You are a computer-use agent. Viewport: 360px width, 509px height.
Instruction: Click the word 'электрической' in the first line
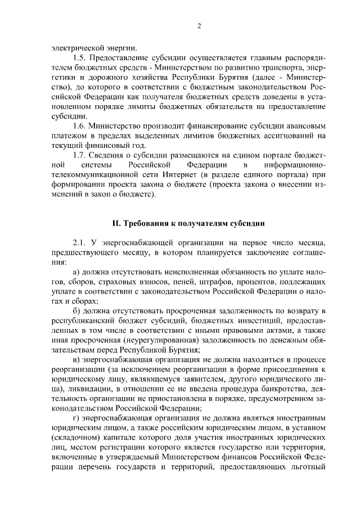tap(69, 47)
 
